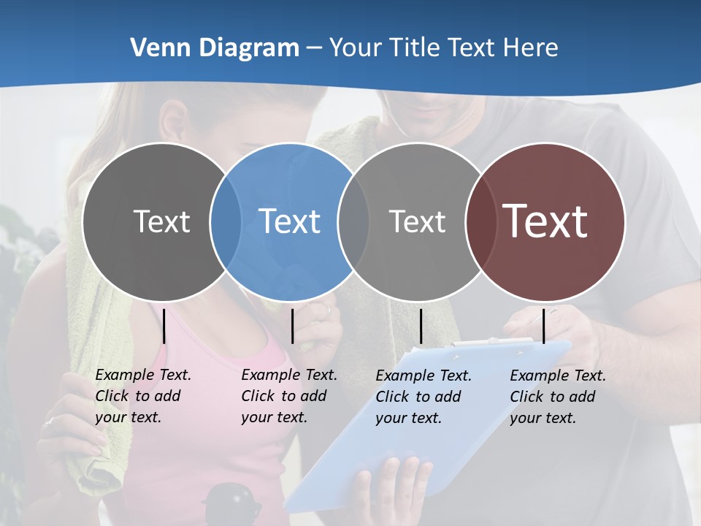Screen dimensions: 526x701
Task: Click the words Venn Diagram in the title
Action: (x=215, y=48)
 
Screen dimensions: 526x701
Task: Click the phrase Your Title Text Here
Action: (x=443, y=48)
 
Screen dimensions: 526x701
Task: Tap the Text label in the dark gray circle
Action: (x=161, y=221)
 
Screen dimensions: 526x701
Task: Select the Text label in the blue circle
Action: (x=289, y=221)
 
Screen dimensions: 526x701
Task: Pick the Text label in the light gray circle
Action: (x=417, y=221)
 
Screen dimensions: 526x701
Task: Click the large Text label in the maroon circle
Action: (x=545, y=221)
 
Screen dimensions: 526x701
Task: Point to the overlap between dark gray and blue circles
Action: (x=226, y=221)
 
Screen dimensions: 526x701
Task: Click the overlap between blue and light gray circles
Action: (x=353, y=221)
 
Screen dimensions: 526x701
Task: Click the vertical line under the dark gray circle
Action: (x=164, y=326)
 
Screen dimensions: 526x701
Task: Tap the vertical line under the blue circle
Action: (x=292, y=326)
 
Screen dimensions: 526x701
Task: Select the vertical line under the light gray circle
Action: (x=421, y=326)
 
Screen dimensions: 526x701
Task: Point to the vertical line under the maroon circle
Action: (x=543, y=326)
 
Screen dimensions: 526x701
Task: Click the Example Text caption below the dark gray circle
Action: (x=142, y=396)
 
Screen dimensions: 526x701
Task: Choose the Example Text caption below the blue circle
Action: (x=288, y=396)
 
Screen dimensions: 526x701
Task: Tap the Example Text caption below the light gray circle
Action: (x=423, y=397)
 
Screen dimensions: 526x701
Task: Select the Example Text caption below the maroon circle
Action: (x=557, y=397)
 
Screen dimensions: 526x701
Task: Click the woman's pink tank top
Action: (x=190, y=468)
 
